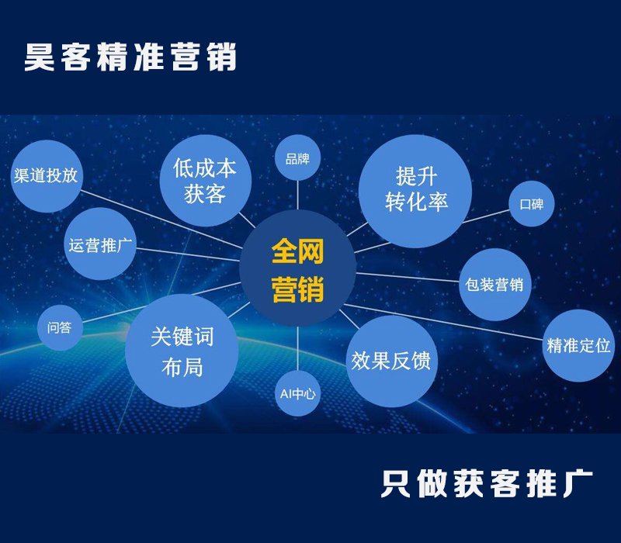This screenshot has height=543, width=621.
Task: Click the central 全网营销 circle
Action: [x=297, y=268]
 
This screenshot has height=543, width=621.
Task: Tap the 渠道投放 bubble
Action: [x=47, y=176]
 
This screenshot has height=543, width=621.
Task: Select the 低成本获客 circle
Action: [x=205, y=181]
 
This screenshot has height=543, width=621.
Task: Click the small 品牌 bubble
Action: [x=297, y=158]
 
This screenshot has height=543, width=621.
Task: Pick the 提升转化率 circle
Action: [x=415, y=191]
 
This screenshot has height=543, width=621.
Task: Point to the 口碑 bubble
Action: [x=532, y=204]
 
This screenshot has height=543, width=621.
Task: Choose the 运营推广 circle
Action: [x=100, y=244]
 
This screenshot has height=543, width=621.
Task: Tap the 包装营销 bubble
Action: [x=494, y=284]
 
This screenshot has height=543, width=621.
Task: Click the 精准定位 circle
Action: [x=578, y=345]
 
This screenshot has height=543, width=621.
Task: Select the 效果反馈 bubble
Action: [x=392, y=361]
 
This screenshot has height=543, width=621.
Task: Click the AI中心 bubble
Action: [x=297, y=393]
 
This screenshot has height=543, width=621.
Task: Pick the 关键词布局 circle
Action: [x=182, y=351]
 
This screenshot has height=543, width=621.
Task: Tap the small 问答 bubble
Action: [x=60, y=327]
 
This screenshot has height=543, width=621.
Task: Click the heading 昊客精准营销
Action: [x=130, y=57]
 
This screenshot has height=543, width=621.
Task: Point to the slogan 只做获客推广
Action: [x=487, y=483]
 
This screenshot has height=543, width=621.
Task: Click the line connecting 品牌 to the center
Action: [x=297, y=195]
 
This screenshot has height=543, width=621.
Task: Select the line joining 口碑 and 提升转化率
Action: [x=486, y=216]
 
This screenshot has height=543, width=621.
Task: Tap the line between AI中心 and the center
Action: [x=297, y=348]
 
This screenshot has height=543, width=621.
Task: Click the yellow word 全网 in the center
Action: [x=297, y=251]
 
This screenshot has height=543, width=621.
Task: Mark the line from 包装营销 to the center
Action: [x=408, y=277]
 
